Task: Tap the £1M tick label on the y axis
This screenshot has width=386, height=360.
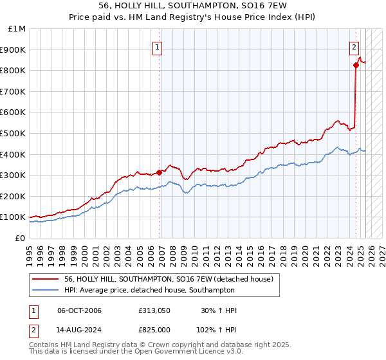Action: click(17, 29)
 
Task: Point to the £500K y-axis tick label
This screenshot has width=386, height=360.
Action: click(14, 133)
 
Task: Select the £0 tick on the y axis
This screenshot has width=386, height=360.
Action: click(20, 238)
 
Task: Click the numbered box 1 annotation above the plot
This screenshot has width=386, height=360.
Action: click(158, 46)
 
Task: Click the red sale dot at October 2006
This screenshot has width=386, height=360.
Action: click(159, 172)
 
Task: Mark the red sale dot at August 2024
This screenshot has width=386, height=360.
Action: click(356, 65)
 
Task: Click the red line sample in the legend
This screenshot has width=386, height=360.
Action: click(46, 279)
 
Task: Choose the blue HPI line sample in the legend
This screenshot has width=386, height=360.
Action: click(46, 290)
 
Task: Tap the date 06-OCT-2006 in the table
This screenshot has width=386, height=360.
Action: click(79, 311)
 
